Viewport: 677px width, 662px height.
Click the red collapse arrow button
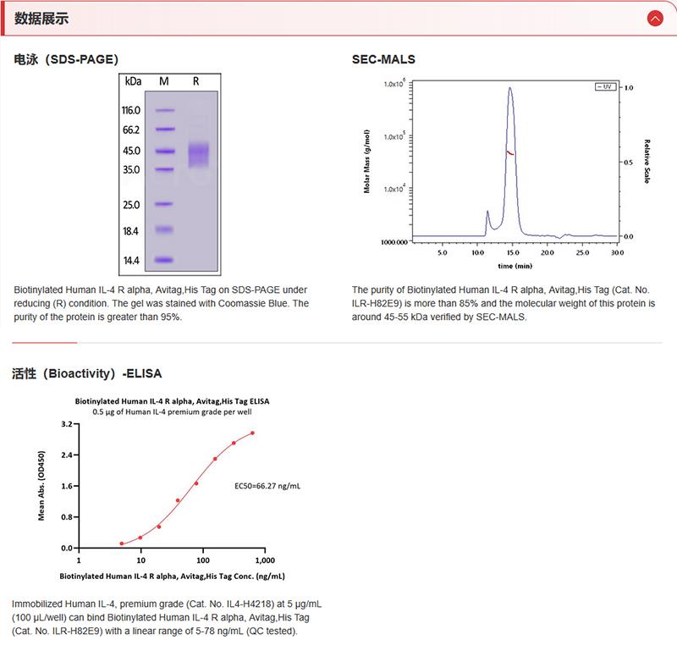click(653, 18)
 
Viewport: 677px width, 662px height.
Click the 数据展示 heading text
click(41, 18)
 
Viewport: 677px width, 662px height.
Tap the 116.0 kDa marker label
click(130, 110)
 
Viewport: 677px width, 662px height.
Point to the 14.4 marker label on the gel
click(131, 261)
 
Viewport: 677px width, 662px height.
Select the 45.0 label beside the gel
click(131, 151)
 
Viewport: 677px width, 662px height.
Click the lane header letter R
click(195, 81)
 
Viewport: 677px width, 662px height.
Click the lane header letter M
click(164, 81)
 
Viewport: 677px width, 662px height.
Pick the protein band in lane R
click(197, 153)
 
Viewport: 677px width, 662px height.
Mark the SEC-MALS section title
click(383, 59)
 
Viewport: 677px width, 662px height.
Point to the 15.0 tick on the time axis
click(511, 252)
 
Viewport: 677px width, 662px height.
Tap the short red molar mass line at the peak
click(510, 152)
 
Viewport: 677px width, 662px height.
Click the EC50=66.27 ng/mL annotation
click(267, 487)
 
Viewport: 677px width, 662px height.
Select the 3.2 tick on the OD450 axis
click(66, 423)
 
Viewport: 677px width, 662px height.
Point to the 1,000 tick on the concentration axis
click(264, 560)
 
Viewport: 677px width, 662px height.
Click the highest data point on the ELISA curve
click(252, 433)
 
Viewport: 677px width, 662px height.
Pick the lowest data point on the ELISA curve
click(122, 543)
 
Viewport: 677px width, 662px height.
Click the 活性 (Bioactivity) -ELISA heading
click(87, 372)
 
